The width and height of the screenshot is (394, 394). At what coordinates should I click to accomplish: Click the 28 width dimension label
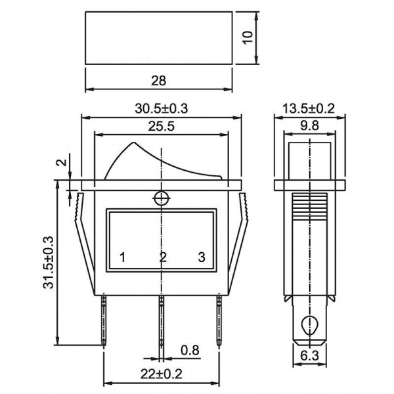(158, 81)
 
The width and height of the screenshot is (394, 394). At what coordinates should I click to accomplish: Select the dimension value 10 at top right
(247, 37)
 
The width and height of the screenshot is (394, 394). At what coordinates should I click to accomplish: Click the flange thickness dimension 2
(61, 163)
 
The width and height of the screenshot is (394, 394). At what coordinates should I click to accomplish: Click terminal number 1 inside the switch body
(122, 257)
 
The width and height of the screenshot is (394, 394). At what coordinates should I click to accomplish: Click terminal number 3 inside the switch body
(202, 257)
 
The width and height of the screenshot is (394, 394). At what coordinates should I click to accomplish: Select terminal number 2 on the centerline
(163, 257)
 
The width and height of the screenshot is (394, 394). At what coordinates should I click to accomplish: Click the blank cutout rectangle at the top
(158, 37)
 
